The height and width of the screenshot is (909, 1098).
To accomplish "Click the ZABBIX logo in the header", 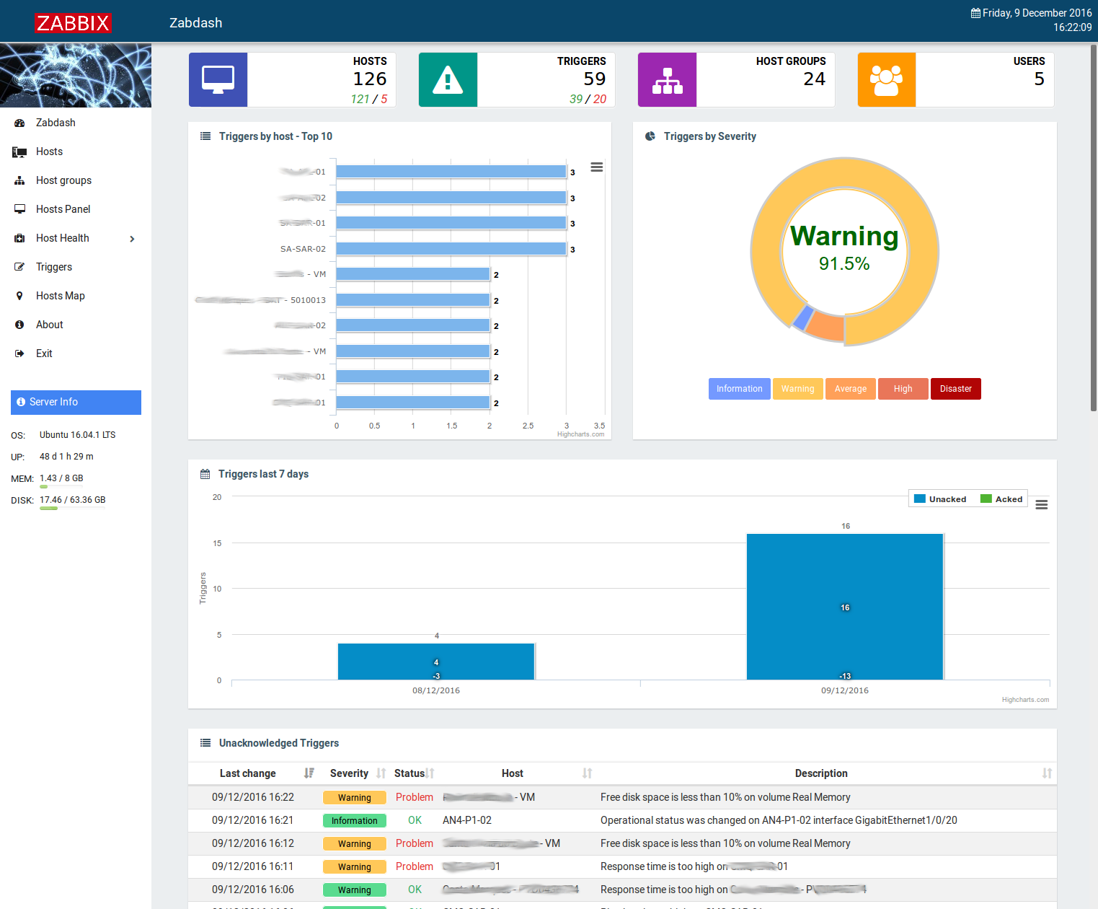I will pyautogui.click(x=73, y=23).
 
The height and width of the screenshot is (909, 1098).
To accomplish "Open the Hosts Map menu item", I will pyautogui.click(x=60, y=296).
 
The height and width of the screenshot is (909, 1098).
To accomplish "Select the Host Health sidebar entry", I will pyautogui.click(x=63, y=238).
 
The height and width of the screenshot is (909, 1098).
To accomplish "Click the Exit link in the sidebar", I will pyautogui.click(x=44, y=353).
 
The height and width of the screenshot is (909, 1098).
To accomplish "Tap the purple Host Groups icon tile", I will pyautogui.click(x=667, y=80).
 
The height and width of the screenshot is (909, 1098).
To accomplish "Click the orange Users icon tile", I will pyautogui.click(x=886, y=80).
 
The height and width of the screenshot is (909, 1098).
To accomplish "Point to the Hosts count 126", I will pyautogui.click(x=369, y=79).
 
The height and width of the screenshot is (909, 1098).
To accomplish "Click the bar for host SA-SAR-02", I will pyautogui.click(x=451, y=249).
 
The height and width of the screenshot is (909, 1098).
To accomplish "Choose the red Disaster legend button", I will pyautogui.click(x=955, y=389).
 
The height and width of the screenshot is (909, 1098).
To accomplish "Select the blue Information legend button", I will pyautogui.click(x=739, y=389).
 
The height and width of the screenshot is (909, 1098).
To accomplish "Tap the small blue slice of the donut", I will pyautogui.click(x=803, y=317).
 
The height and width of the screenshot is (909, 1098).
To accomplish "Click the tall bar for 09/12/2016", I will pyautogui.click(x=844, y=606).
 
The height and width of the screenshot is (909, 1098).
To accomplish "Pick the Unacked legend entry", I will pyautogui.click(x=940, y=499).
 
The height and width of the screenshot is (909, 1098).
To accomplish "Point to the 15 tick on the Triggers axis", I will pyautogui.click(x=217, y=543).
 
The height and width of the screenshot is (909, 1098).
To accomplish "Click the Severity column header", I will pyautogui.click(x=349, y=773).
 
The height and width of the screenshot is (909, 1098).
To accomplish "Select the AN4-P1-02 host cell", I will pyautogui.click(x=467, y=820).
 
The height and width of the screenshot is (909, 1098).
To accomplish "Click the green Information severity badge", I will pyautogui.click(x=354, y=821).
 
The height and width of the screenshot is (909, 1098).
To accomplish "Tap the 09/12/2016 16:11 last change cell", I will pyautogui.click(x=253, y=866).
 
